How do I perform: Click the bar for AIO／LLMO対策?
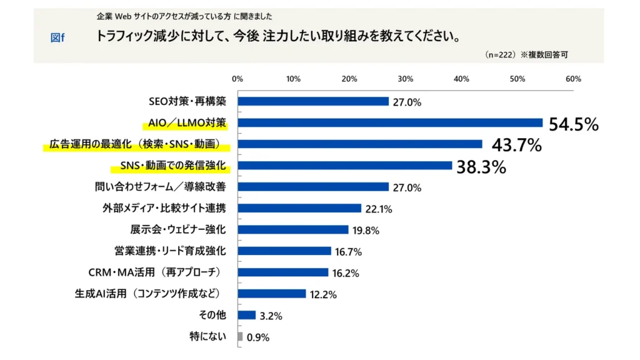(390, 122)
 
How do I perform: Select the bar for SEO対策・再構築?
(313, 101)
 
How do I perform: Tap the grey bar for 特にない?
(240, 337)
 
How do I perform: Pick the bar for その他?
(247, 316)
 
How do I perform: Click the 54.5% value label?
(573, 124)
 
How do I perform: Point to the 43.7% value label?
(516, 146)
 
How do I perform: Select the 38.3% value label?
(481, 167)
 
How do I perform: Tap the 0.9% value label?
(257, 337)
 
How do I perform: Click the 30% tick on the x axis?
(406, 79)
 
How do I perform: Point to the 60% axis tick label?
(573, 79)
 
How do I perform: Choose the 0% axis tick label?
(237, 79)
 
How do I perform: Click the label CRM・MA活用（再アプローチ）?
(154, 272)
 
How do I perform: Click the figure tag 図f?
(57, 37)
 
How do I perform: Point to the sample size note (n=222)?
(499, 55)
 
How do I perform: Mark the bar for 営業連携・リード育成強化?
(284, 251)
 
